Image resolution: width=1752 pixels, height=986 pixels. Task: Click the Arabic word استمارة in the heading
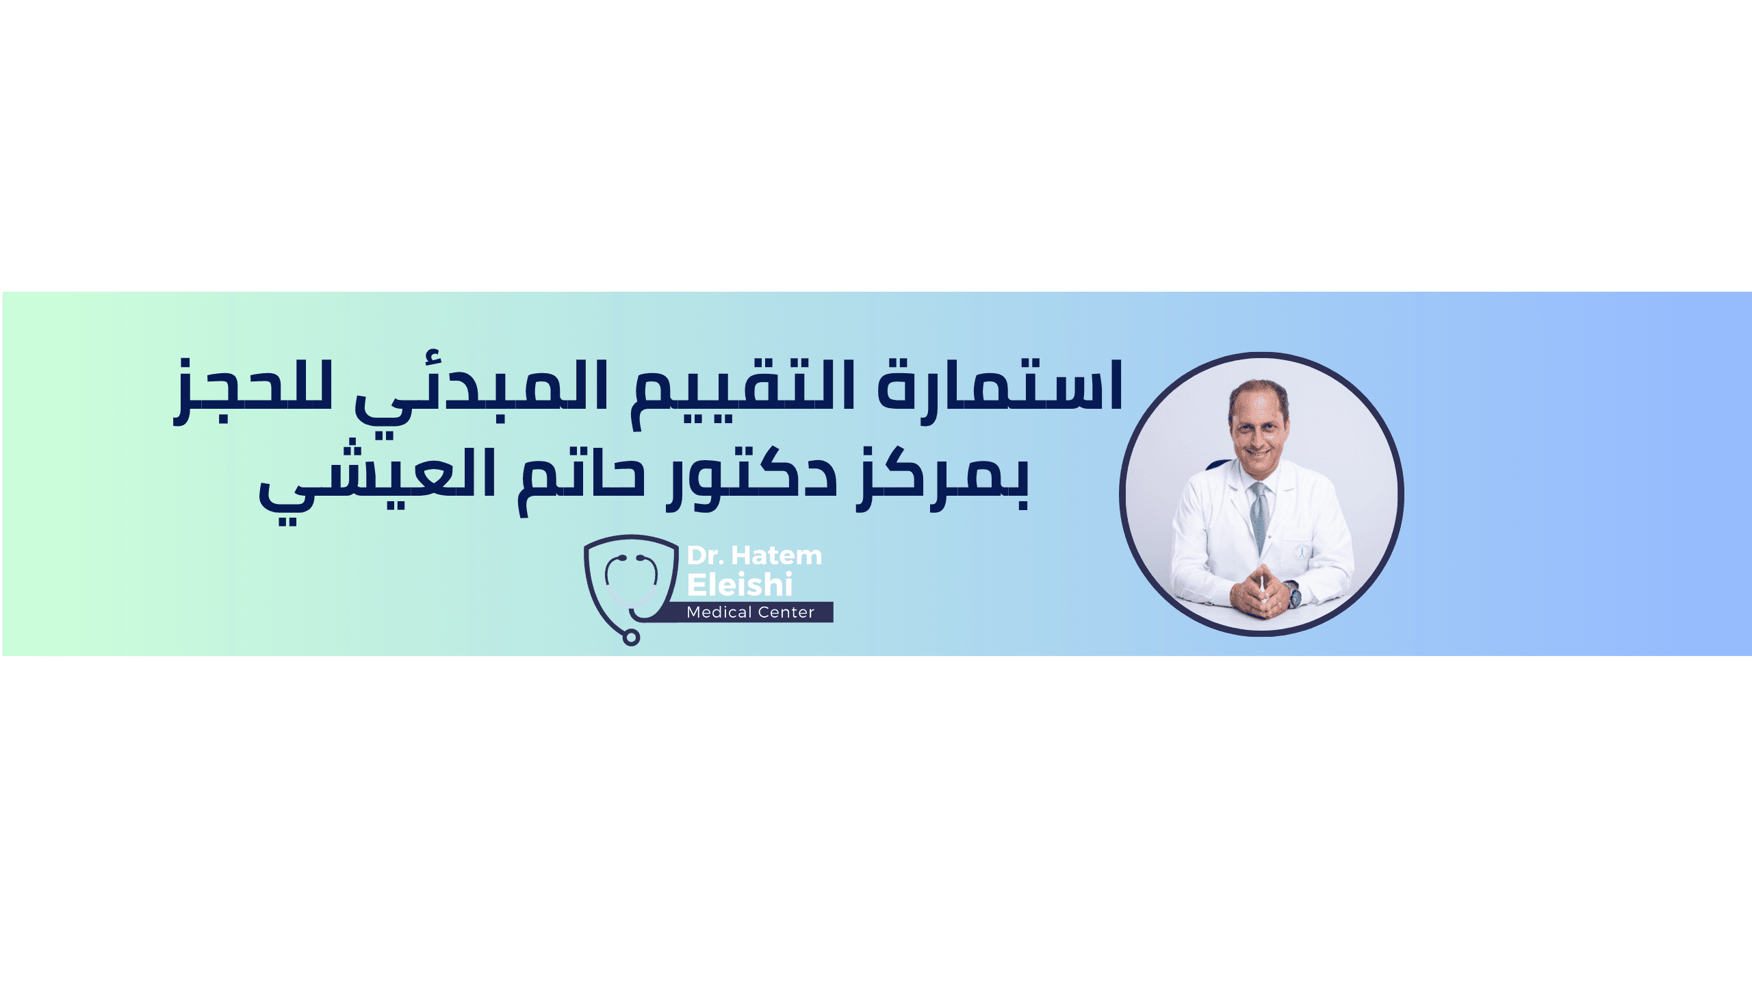pos(1000,387)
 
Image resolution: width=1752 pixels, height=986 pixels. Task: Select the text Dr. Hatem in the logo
pos(754,555)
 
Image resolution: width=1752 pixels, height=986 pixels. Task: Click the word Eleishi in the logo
pos(740,585)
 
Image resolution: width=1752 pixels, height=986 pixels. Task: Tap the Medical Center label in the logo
pos(751,612)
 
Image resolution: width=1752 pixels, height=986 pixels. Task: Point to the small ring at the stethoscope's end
pos(631,637)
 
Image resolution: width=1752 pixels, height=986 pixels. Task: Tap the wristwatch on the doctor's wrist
pos(1293,594)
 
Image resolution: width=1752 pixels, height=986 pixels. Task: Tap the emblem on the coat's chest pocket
pos(1302,552)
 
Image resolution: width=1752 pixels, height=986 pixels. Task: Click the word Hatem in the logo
pos(777,555)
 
